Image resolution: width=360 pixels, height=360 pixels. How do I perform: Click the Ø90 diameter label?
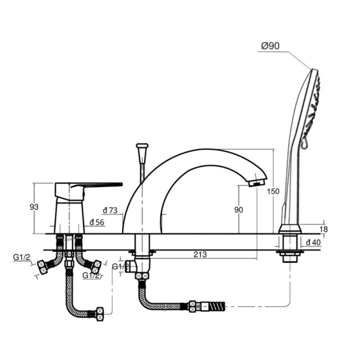(x=270, y=46)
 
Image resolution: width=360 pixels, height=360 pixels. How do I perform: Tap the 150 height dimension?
(x=273, y=191)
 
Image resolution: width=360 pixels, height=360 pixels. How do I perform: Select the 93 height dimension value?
(x=34, y=207)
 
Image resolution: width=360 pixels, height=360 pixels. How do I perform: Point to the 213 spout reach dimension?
(x=200, y=254)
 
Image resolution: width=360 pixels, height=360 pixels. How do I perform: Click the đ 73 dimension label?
(x=110, y=210)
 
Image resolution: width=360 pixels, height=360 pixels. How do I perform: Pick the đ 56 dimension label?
(x=97, y=222)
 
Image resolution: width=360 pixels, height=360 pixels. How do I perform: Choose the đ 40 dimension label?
(x=313, y=242)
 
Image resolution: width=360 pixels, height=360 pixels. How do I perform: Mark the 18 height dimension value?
(x=324, y=229)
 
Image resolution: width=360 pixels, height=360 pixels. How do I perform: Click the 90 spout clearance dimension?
(x=238, y=210)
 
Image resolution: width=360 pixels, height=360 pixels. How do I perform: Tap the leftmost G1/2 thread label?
(x=22, y=257)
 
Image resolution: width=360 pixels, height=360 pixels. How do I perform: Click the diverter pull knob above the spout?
(x=142, y=145)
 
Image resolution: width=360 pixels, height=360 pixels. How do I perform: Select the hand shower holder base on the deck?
(x=290, y=229)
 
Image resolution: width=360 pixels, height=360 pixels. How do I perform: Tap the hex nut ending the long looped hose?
(x=100, y=314)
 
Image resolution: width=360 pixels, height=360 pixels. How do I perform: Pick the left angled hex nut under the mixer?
(x=43, y=267)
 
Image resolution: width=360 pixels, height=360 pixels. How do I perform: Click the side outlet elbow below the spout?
(x=131, y=266)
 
